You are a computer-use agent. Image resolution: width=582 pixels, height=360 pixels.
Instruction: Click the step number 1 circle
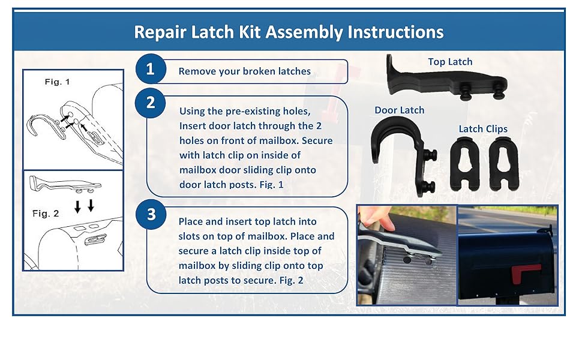tap(150, 70)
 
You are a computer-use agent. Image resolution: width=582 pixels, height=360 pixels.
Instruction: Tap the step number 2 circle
tap(150, 103)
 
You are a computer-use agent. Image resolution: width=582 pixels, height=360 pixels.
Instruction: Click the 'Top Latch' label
tap(450, 62)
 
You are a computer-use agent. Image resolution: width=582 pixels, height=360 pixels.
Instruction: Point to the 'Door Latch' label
tap(399, 110)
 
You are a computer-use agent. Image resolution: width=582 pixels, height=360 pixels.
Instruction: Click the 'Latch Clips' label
tap(483, 129)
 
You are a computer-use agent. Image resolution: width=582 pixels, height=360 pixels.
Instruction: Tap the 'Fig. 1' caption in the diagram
tap(57, 82)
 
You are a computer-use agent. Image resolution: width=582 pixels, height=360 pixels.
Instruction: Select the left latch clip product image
tap(467, 164)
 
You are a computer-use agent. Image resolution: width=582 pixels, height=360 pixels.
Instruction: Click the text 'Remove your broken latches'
tap(245, 71)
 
